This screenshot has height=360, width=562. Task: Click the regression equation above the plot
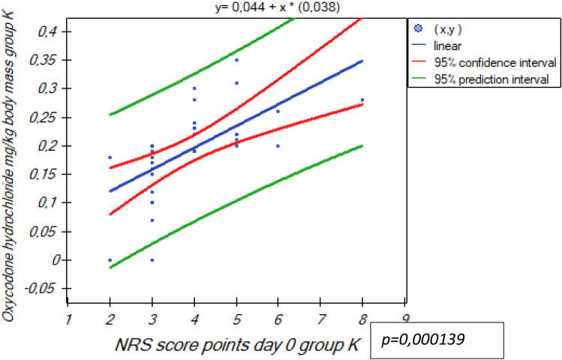[238, 7]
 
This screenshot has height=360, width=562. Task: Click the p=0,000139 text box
[434, 340]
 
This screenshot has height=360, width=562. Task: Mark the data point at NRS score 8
[362, 100]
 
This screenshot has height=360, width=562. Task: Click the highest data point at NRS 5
[236, 60]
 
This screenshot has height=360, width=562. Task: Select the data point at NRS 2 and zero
[110, 259]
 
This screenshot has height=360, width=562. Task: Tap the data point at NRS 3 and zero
[152, 259]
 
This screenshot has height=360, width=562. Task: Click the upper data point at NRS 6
[278, 112]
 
